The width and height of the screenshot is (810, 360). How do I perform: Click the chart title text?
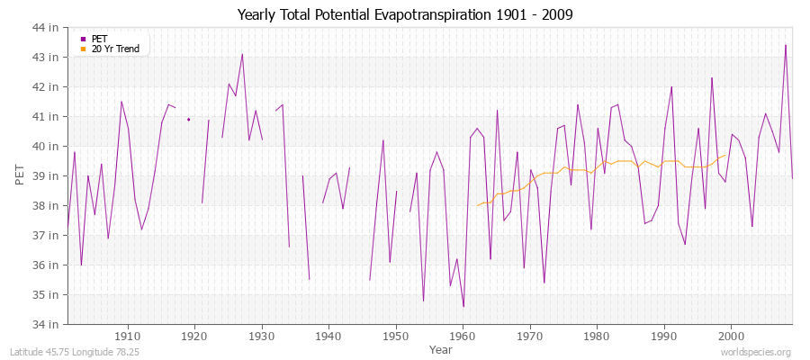coord(405,14)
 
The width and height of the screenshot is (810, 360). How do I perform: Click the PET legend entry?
coord(99,39)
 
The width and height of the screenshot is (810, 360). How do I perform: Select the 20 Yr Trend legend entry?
coord(115,49)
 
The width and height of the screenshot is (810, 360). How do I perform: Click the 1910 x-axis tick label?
coord(128,335)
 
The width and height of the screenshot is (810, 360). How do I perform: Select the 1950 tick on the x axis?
coord(395,335)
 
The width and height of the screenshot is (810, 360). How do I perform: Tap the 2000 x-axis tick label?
coord(730,335)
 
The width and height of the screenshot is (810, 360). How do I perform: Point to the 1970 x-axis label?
coord(529,335)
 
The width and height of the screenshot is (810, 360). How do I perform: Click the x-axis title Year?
coord(441,348)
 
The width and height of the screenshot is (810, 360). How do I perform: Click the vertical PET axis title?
coord(21,175)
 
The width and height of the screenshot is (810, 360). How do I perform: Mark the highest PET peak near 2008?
coord(786,45)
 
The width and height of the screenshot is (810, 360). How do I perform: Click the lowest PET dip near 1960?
coord(463,306)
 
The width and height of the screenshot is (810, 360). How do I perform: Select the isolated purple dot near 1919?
coord(188,119)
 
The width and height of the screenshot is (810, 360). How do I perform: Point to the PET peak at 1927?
coord(242,54)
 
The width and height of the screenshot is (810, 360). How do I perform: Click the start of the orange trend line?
coord(477,205)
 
